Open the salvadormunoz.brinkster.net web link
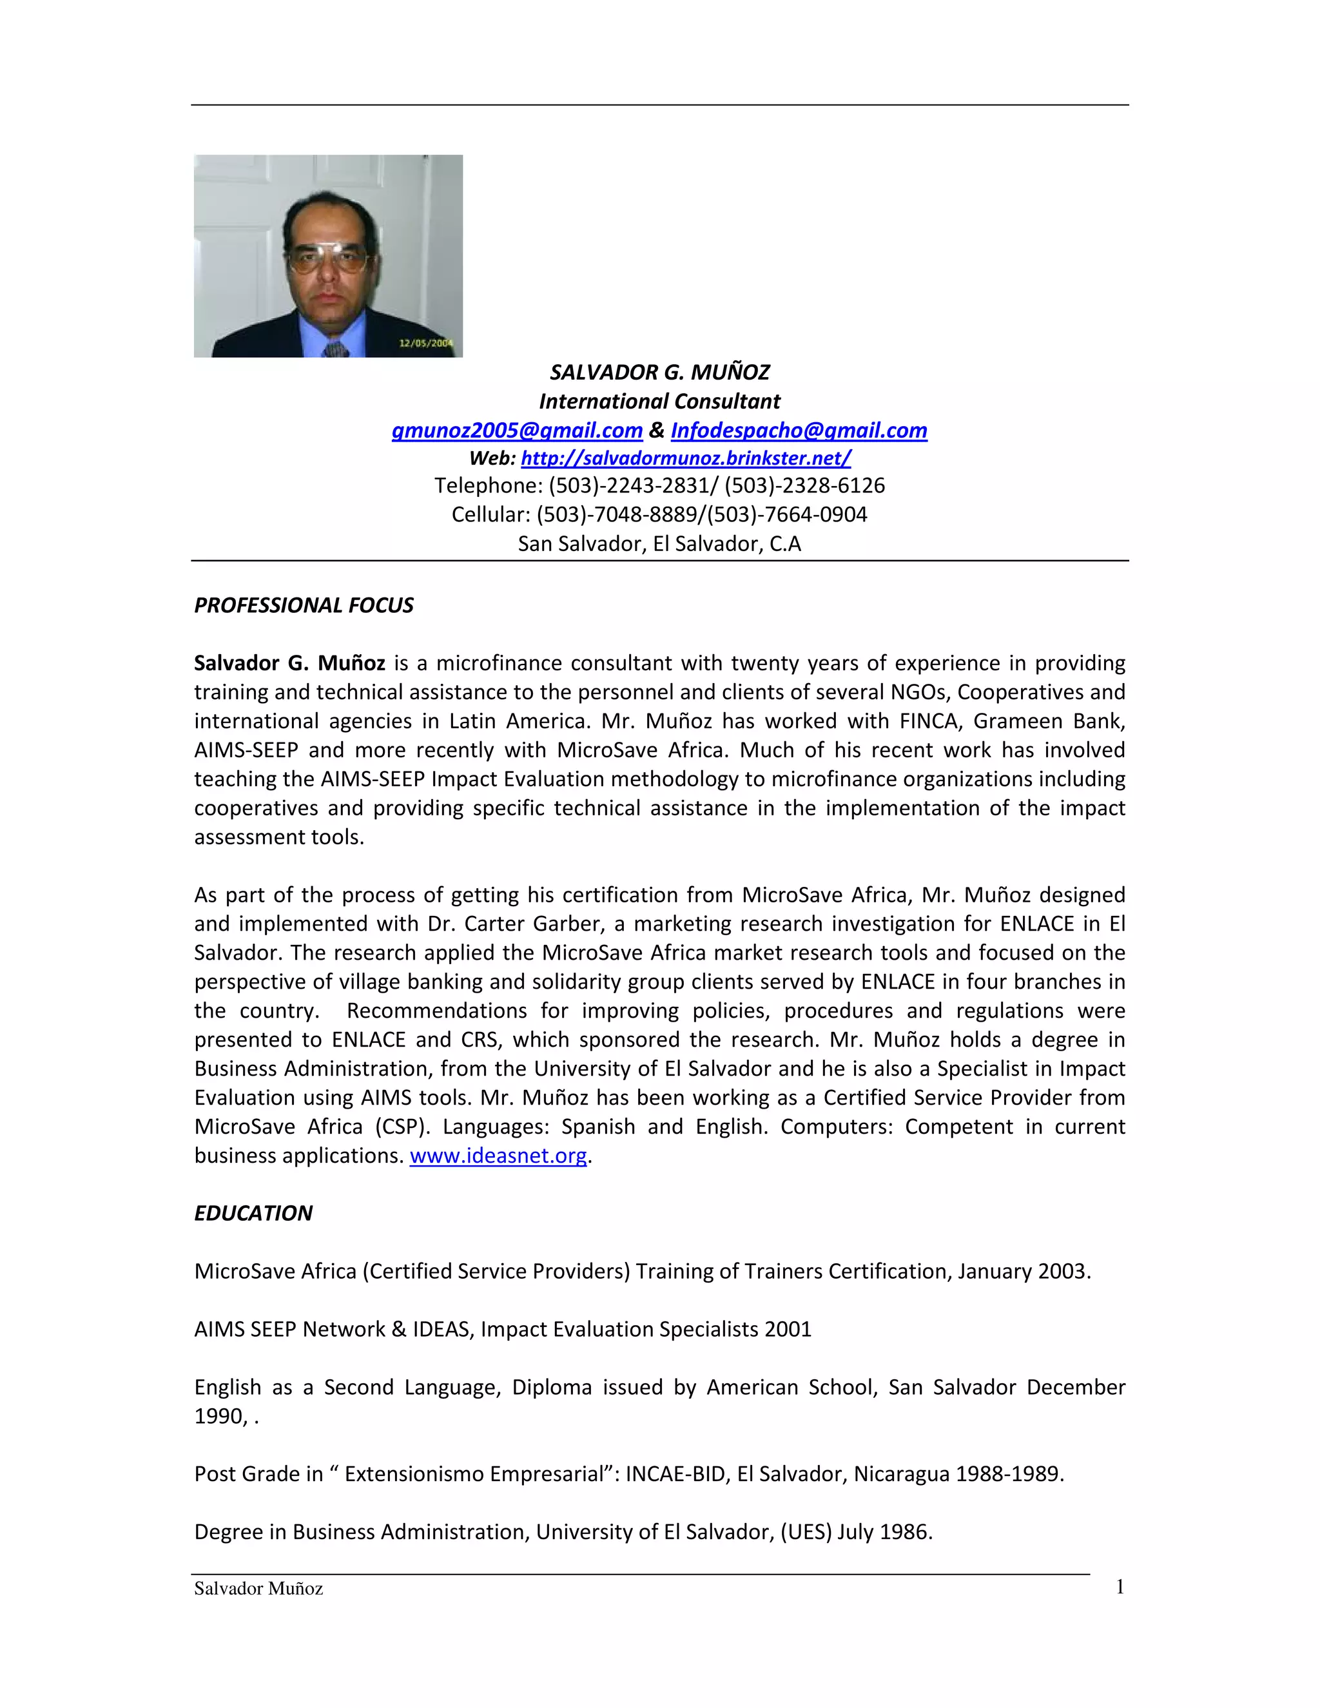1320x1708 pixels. (686, 458)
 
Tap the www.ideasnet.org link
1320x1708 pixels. (498, 1155)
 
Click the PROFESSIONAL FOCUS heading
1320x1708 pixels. (304, 605)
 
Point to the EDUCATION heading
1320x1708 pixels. (253, 1213)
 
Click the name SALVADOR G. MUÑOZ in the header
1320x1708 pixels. (659, 373)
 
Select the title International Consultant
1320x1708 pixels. (659, 401)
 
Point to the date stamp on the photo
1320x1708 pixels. (426, 342)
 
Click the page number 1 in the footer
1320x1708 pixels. (1120, 1587)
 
